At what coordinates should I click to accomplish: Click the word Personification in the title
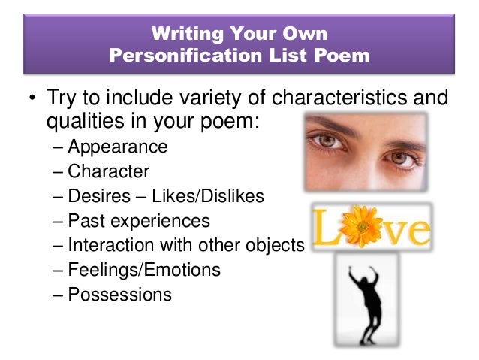point(179,55)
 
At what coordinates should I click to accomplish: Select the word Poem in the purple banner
point(342,55)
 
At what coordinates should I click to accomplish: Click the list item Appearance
point(118,146)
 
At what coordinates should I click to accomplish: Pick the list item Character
point(109,171)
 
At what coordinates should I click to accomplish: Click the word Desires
point(96,196)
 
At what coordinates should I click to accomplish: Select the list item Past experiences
point(139,221)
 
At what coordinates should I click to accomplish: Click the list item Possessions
point(119,294)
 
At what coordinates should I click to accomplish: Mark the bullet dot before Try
point(33,99)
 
